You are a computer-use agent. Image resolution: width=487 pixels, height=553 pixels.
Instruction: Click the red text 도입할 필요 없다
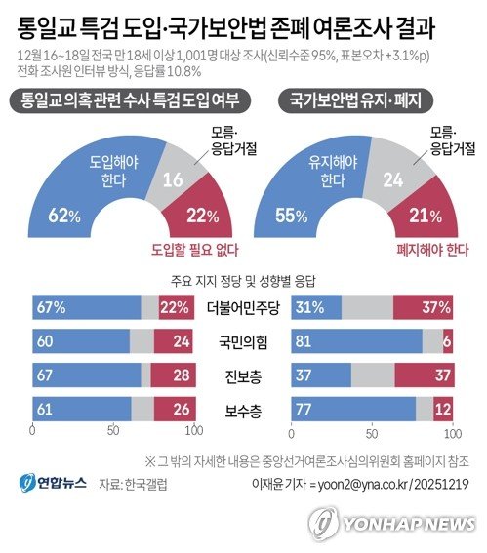[194, 249]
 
